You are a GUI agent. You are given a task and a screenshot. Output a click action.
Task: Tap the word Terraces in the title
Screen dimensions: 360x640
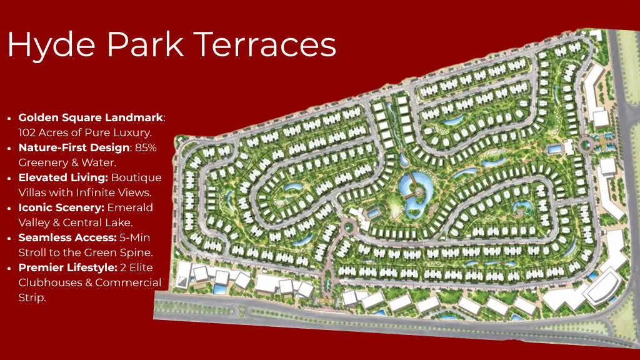click(x=265, y=45)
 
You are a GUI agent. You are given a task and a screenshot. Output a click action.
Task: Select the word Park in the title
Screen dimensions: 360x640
click(x=144, y=45)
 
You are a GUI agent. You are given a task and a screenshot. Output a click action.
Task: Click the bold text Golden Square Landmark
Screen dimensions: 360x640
click(x=91, y=117)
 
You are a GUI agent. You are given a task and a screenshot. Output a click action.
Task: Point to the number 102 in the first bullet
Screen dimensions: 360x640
click(x=28, y=132)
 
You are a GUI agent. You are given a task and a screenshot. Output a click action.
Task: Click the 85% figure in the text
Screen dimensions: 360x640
click(x=146, y=147)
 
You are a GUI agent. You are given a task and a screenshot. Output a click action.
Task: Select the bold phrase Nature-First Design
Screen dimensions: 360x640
click(x=74, y=147)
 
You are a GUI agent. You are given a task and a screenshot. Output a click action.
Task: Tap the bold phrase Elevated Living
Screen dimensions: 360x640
click(x=63, y=177)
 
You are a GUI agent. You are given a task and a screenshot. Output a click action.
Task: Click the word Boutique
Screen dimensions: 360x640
click(x=136, y=177)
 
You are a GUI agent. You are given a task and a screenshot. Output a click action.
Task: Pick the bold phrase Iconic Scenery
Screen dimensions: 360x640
click(x=61, y=207)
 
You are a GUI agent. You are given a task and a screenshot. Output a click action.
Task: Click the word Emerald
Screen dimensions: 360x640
click(x=130, y=207)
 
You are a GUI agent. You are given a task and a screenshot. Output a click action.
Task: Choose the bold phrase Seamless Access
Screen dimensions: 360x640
click(x=67, y=237)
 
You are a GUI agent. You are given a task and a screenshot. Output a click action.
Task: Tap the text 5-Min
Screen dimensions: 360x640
click(x=135, y=237)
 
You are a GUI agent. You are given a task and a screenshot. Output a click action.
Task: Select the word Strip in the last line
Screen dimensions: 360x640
click(x=32, y=297)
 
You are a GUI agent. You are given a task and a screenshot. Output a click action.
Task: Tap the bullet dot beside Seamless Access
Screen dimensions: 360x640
click(x=9, y=238)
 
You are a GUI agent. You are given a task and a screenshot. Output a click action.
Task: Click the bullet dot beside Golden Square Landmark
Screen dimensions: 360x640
click(x=9, y=118)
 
